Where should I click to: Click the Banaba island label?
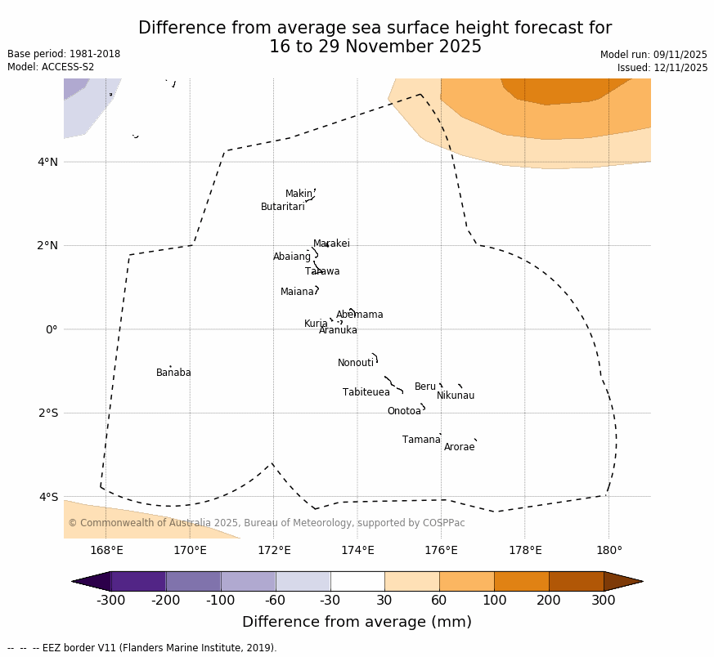[173, 373]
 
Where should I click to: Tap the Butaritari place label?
[282, 208]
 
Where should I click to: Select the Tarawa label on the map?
[322, 272]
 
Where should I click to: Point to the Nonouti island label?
[356, 364]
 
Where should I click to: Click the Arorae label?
[459, 448]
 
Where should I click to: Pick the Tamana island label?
[421, 440]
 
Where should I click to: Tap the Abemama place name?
[359, 315]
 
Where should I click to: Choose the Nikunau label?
[456, 396]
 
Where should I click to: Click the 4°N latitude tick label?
[47, 162]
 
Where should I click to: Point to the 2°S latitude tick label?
[47, 413]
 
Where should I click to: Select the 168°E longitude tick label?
[106, 551]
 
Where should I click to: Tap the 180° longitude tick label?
[608, 551]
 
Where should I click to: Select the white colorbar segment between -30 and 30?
[357, 581]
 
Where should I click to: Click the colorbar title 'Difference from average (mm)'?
[357, 623]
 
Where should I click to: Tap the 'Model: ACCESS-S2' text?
[51, 68]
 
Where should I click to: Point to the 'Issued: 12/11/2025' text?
[662, 69]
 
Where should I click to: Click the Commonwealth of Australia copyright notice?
[267, 524]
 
